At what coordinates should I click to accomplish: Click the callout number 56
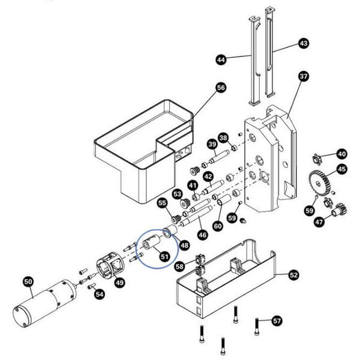click(220, 88)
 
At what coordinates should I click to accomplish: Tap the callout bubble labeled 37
click(303, 76)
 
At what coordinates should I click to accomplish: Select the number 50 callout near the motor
click(28, 281)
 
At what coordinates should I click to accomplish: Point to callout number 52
click(293, 275)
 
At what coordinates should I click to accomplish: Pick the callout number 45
click(341, 169)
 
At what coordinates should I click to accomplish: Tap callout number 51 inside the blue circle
click(164, 257)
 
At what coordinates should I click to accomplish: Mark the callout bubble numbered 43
click(303, 43)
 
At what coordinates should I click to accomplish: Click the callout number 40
click(341, 153)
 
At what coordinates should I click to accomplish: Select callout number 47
click(319, 222)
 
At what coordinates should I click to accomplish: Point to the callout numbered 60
click(217, 226)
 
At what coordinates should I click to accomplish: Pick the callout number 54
click(100, 294)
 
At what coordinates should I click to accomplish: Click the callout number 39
click(212, 144)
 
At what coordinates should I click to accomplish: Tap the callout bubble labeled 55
click(163, 203)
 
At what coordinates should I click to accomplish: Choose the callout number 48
click(184, 245)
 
